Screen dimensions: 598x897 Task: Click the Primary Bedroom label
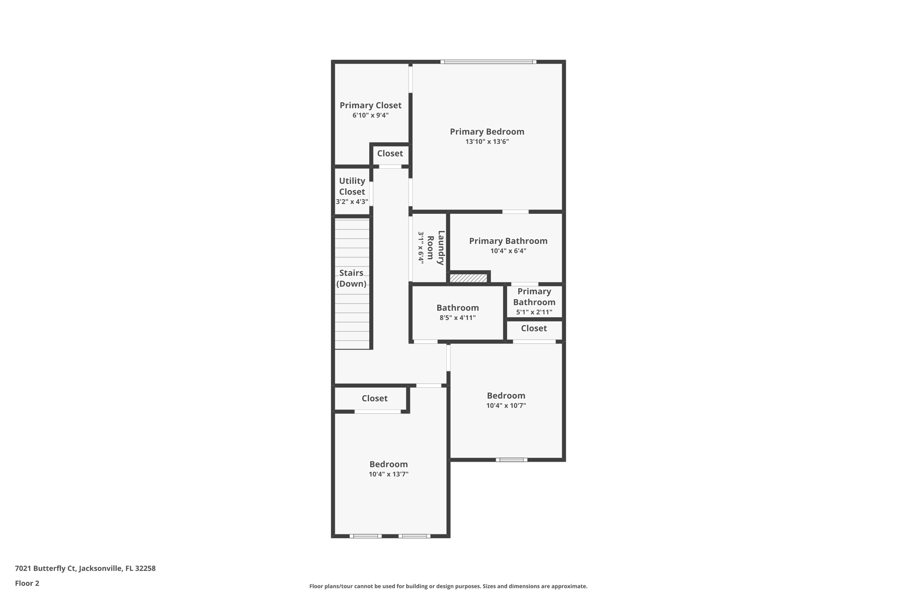coord(487,131)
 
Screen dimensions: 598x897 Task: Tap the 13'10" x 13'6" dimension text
coord(487,142)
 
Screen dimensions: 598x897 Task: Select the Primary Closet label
coord(370,105)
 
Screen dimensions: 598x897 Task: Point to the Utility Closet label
coord(352,186)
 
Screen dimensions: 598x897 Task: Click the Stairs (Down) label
coord(351,278)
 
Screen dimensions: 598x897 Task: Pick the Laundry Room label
coord(436,248)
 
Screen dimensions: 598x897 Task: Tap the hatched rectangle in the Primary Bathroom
coord(468,278)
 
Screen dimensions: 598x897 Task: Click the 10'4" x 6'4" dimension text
coord(508,251)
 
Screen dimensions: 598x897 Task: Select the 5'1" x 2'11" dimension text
coord(534,312)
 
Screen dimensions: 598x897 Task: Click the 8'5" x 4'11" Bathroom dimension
coord(457,318)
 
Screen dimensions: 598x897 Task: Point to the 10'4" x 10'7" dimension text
coord(506,406)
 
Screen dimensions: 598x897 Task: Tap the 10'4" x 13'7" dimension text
coord(388,474)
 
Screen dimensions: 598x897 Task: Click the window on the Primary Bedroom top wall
coord(488,62)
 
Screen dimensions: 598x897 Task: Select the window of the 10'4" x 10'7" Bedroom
coord(511,460)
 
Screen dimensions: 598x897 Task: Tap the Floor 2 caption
coord(27,583)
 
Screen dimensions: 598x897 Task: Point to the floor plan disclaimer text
coord(448,586)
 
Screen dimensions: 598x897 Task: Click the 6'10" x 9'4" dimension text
coord(370,116)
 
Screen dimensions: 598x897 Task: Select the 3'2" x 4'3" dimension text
coord(352,202)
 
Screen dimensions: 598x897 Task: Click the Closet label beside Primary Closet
coord(390,153)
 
